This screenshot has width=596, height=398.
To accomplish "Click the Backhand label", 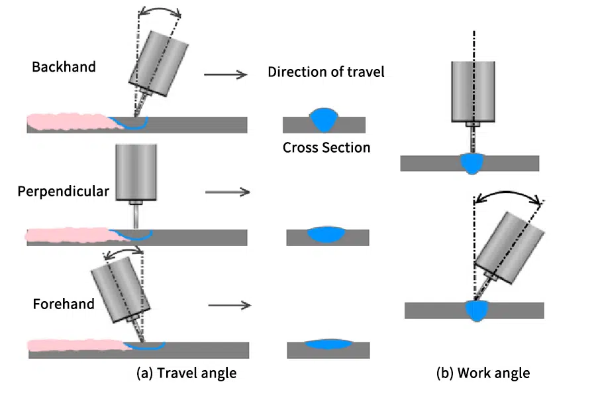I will [64, 67].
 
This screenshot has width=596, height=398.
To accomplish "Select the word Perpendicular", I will [64, 192].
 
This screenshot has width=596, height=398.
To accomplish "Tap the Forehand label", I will [64, 304].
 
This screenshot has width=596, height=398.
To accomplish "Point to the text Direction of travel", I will [326, 72].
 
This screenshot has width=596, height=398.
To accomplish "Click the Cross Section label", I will [326, 147].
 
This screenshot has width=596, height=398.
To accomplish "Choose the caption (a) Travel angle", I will [186, 373].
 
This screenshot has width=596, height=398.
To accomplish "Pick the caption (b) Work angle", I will [483, 373].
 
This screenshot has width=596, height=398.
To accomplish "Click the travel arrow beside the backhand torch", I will [225, 75].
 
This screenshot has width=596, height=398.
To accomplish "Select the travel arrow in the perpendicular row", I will [227, 192].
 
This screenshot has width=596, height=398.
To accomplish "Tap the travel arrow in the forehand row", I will [229, 306].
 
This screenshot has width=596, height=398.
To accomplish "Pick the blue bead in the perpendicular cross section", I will [327, 233].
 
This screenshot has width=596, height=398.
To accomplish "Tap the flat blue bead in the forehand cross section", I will [328, 344].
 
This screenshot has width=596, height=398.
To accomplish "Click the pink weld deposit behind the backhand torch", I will [66, 123].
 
